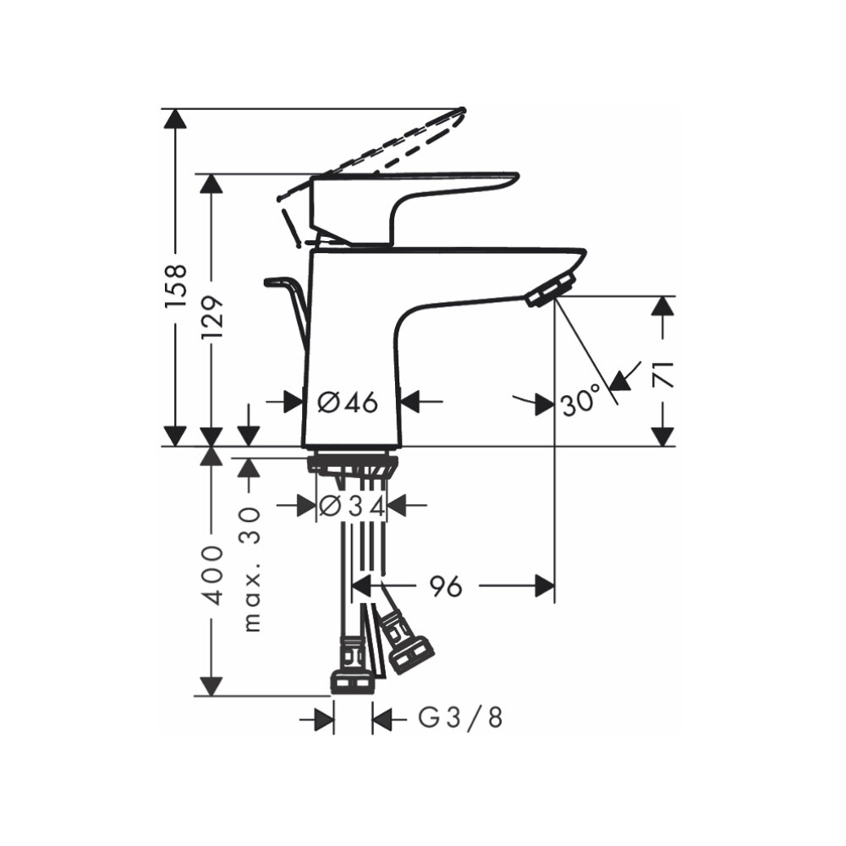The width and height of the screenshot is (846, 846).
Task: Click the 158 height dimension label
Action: pos(175,283)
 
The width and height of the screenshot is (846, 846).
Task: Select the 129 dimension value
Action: pos(211,316)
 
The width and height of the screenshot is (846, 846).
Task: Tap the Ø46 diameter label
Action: pos(348,403)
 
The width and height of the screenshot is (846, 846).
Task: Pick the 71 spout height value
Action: pos(663,372)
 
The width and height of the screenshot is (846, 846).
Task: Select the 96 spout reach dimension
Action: pos(446,585)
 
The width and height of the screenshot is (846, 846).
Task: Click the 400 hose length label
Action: pos(212,575)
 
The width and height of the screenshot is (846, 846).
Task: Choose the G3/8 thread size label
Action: pos(461,719)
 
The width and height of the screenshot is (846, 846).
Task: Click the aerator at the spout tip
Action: pos(550,290)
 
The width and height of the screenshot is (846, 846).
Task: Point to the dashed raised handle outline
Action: pos(381,148)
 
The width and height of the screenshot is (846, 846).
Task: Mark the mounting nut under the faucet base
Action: pos(351,464)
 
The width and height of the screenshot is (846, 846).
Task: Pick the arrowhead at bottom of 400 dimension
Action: pos(212,686)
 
